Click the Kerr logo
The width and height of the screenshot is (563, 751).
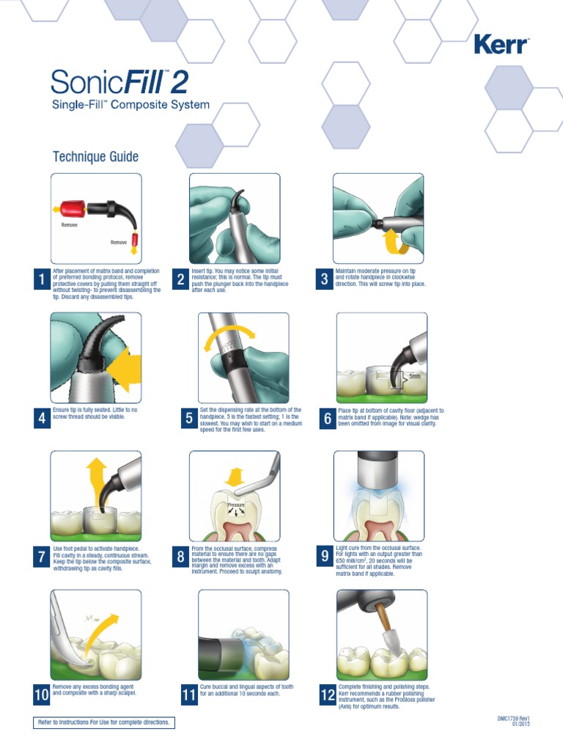[501, 45]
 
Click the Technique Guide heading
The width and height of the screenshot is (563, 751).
[96, 157]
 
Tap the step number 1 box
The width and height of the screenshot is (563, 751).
[42, 279]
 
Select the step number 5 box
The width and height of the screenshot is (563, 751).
[189, 419]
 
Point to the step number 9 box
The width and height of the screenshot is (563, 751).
[325, 556]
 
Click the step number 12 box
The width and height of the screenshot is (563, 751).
[328, 695]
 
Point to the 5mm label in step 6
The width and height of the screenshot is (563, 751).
[415, 376]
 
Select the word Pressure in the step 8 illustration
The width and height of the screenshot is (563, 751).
[236, 505]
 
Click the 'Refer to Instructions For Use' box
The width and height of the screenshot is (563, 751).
[104, 722]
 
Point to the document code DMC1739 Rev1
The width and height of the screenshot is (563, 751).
[513, 719]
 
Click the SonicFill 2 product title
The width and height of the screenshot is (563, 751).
[119, 82]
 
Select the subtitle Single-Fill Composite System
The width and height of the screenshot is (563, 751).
[130, 104]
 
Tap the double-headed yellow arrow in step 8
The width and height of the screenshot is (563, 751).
[235, 477]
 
